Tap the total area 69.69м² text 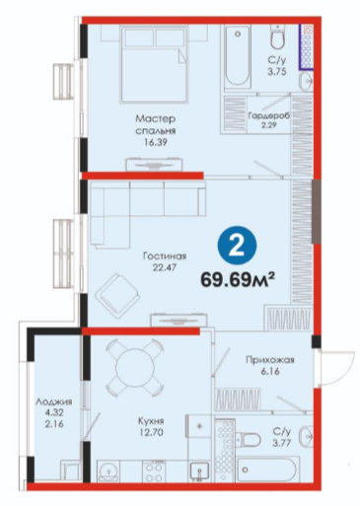238,280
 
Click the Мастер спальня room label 156,124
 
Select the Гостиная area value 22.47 165,267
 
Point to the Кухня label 151,421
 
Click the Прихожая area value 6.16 270,372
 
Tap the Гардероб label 269,116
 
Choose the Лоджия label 54,401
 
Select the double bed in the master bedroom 154,64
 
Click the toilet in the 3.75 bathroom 278,37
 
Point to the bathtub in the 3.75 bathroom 238,56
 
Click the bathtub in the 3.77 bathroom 268,470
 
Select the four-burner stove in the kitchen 153,472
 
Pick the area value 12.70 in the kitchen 151,433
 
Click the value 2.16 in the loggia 54,424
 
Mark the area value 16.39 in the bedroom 156,143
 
